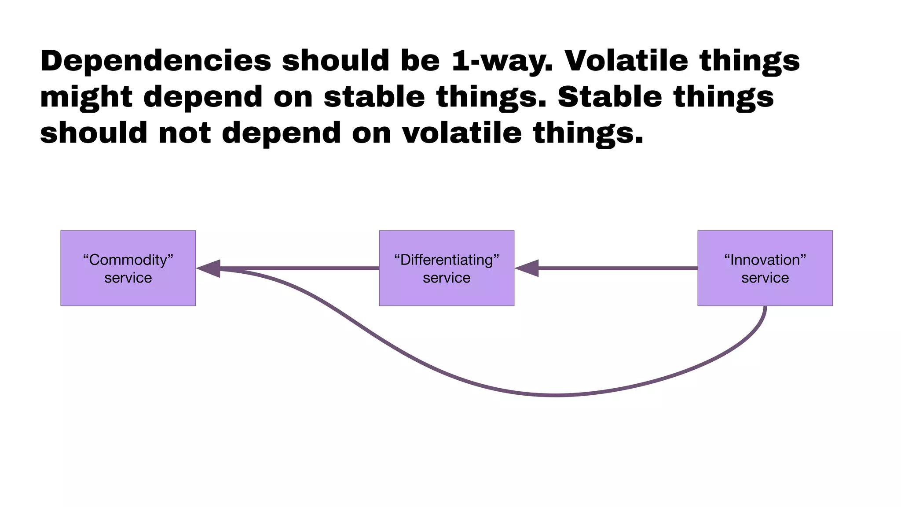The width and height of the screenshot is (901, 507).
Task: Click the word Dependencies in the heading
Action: point(156,61)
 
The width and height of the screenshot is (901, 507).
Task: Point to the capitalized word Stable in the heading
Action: point(610,97)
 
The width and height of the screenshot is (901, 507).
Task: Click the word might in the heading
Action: point(86,97)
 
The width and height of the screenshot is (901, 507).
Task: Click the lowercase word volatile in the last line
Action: point(461,133)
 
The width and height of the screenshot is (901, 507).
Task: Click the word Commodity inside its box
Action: point(128,260)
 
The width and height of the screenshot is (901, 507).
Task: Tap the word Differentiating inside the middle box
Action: point(447,260)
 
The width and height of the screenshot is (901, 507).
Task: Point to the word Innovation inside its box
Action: point(765,260)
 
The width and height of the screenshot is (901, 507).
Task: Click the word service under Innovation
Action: point(765,278)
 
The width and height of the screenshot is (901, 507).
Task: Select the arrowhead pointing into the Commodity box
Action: point(209,268)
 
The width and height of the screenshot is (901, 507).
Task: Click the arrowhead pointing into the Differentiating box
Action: point(527,268)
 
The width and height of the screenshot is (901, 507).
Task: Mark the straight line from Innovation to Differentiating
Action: point(616,268)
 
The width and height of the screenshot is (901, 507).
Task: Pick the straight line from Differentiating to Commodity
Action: point(299,268)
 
